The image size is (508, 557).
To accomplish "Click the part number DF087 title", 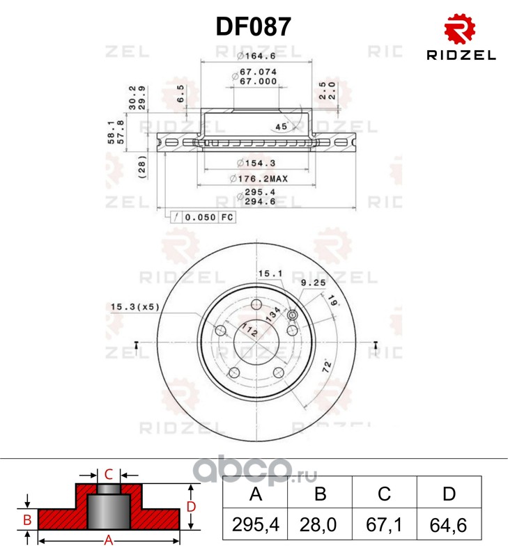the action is click(x=254, y=26).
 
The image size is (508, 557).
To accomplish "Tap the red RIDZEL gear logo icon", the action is click(x=460, y=29).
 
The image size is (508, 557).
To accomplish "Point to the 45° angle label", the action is click(x=282, y=127).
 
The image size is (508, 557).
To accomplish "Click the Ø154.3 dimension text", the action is click(x=256, y=163).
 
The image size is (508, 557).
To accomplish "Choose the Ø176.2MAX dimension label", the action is click(x=259, y=179).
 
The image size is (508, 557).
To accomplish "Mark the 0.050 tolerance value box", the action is click(x=200, y=217).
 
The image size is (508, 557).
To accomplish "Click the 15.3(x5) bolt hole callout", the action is click(x=134, y=306).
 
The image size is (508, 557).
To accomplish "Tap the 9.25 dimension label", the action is click(x=314, y=283).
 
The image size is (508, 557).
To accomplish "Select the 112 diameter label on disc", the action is click(x=249, y=330).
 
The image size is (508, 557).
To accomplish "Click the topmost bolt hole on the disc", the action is click(x=256, y=304).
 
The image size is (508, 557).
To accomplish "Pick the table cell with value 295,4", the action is click(x=255, y=524).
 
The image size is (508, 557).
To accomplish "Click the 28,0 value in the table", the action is click(x=318, y=524).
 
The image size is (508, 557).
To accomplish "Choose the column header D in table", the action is click(x=449, y=493).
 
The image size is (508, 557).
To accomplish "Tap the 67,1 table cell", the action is click(x=384, y=524).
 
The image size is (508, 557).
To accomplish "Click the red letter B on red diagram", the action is click(x=27, y=519).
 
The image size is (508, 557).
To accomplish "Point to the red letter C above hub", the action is click(x=109, y=474).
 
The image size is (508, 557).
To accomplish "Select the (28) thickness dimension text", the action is click(x=142, y=167).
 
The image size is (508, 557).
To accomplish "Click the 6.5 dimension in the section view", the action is click(x=180, y=93).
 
